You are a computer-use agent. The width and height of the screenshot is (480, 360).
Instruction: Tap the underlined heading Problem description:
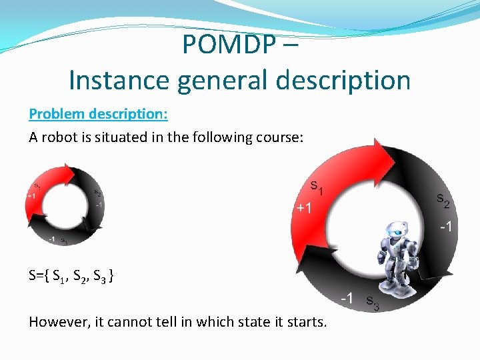click(x=98, y=113)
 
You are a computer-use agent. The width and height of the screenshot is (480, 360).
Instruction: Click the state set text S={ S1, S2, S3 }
click(x=71, y=276)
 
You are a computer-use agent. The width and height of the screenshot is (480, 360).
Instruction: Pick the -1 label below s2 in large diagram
click(x=446, y=227)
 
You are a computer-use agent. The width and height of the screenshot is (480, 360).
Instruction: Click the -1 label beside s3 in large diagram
click(x=347, y=298)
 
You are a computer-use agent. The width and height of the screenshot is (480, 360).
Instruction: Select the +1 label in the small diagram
click(x=31, y=196)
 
